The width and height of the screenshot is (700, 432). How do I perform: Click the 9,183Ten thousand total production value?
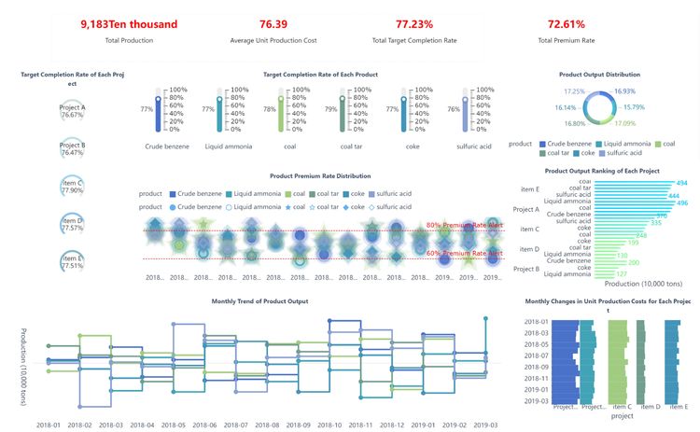coord(129,24)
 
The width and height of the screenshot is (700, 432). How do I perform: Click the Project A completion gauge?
coord(72,111)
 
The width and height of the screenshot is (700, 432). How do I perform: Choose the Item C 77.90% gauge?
coord(72,187)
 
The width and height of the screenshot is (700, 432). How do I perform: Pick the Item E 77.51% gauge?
coord(72,262)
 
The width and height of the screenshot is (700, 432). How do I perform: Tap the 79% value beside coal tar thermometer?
coord(330,108)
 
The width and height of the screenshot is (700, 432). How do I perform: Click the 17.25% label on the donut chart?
coord(575,91)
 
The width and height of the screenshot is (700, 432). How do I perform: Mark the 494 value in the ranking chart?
coord(681,183)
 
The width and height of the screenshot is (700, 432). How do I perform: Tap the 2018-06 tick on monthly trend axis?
coord(204,424)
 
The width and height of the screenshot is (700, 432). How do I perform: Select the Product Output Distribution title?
coord(599,74)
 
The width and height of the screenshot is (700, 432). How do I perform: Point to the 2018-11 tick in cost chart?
coord(536,379)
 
